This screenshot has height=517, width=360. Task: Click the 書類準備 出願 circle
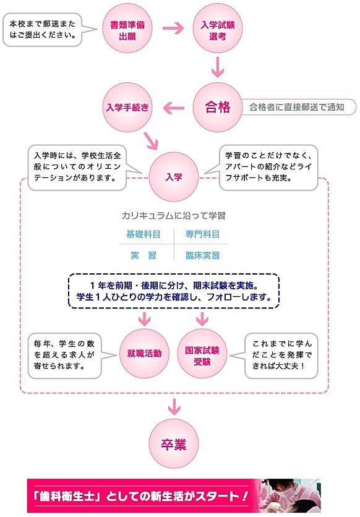[127, 28]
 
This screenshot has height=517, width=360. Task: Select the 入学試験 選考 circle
[218, 28]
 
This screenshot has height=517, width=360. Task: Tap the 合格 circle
[218, 107]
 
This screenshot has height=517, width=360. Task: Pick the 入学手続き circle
[127, 107]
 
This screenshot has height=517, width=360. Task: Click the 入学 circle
[174, 177]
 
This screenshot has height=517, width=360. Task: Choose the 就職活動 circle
[144, 354]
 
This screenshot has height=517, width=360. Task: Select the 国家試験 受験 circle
[202, 354]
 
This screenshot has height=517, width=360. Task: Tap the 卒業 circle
[174, 444]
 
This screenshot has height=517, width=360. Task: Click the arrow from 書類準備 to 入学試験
[173, 28]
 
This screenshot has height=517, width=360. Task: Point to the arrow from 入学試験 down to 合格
[218, 67]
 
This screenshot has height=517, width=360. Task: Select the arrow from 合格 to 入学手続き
[173, 108]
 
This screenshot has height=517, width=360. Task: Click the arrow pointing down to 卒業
[174, 407]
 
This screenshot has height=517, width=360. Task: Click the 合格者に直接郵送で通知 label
[298, 107]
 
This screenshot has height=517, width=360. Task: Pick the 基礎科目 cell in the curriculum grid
[144, 234]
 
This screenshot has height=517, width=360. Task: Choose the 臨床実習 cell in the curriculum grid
[202, 255]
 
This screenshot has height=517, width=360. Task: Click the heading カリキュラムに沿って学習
[174, 216]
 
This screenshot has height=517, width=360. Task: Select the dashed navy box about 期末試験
[174, 291]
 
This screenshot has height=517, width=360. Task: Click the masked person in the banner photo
[286, 491]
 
